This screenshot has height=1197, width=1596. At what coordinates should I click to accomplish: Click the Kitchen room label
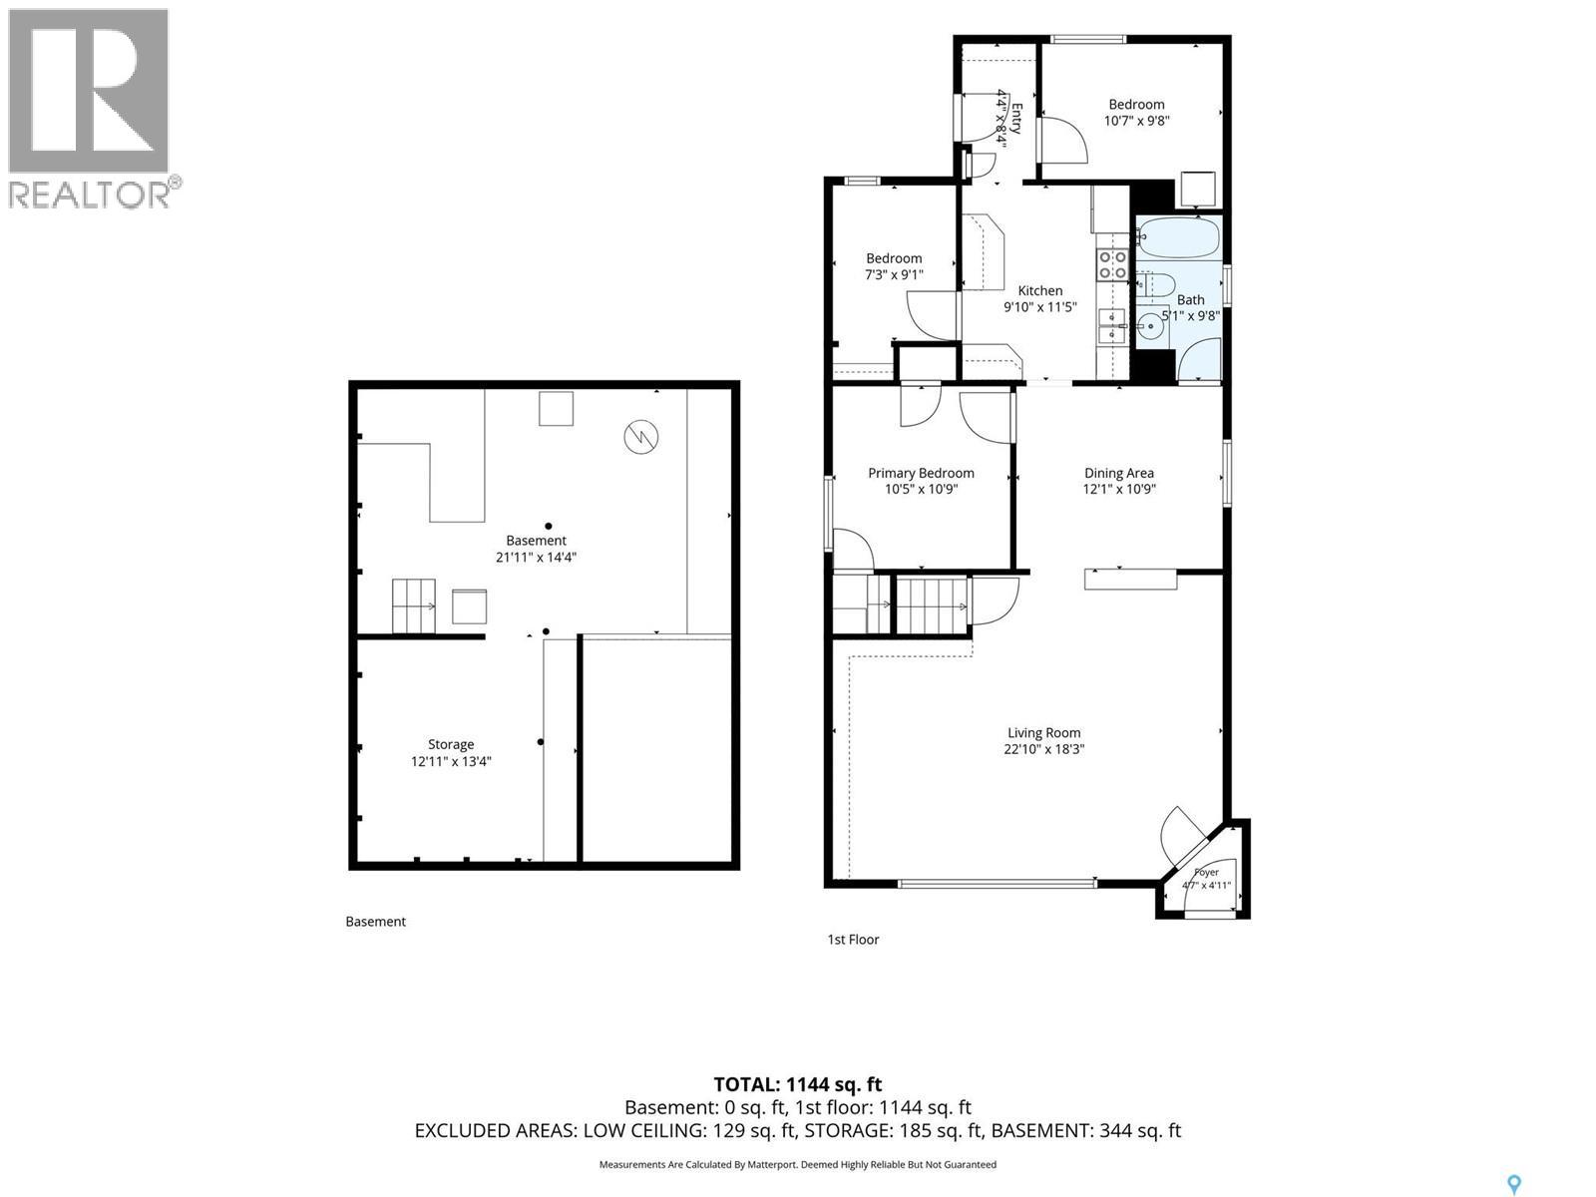coord(1039,290)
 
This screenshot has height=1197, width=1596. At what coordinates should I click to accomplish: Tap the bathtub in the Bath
coord(1178,237)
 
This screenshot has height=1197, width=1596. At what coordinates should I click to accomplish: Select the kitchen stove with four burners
coord(1112,264)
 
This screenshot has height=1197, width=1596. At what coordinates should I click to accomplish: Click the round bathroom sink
coord(1150,326)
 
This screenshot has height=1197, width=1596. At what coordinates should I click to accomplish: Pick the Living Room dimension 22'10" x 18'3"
coord(1043,749)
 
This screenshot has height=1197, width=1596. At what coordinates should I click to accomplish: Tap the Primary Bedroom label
coord(921,473)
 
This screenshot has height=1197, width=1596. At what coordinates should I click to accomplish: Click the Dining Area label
coord(1118,473)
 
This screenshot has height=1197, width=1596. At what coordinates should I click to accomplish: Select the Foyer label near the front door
coord(1206,872)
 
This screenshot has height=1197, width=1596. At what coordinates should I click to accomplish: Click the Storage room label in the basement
coord(451,744)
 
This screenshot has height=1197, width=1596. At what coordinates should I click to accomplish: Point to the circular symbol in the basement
coord(641,437)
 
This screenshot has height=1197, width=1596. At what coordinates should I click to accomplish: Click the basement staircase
coord(414,606)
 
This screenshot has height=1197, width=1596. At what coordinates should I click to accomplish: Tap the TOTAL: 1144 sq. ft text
coord(798,1084)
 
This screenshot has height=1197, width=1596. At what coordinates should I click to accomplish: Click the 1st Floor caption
coord(853,940)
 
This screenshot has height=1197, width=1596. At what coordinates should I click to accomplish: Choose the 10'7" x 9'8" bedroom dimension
coord(1136,121)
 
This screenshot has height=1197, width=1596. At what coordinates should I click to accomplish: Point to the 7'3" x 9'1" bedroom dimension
coord(894,274)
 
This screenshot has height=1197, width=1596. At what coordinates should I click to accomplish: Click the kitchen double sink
coord(1112,325)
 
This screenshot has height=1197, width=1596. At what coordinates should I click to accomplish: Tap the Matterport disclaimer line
coord(798,1164)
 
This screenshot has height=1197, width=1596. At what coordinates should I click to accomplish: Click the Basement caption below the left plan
coord(375,922)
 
